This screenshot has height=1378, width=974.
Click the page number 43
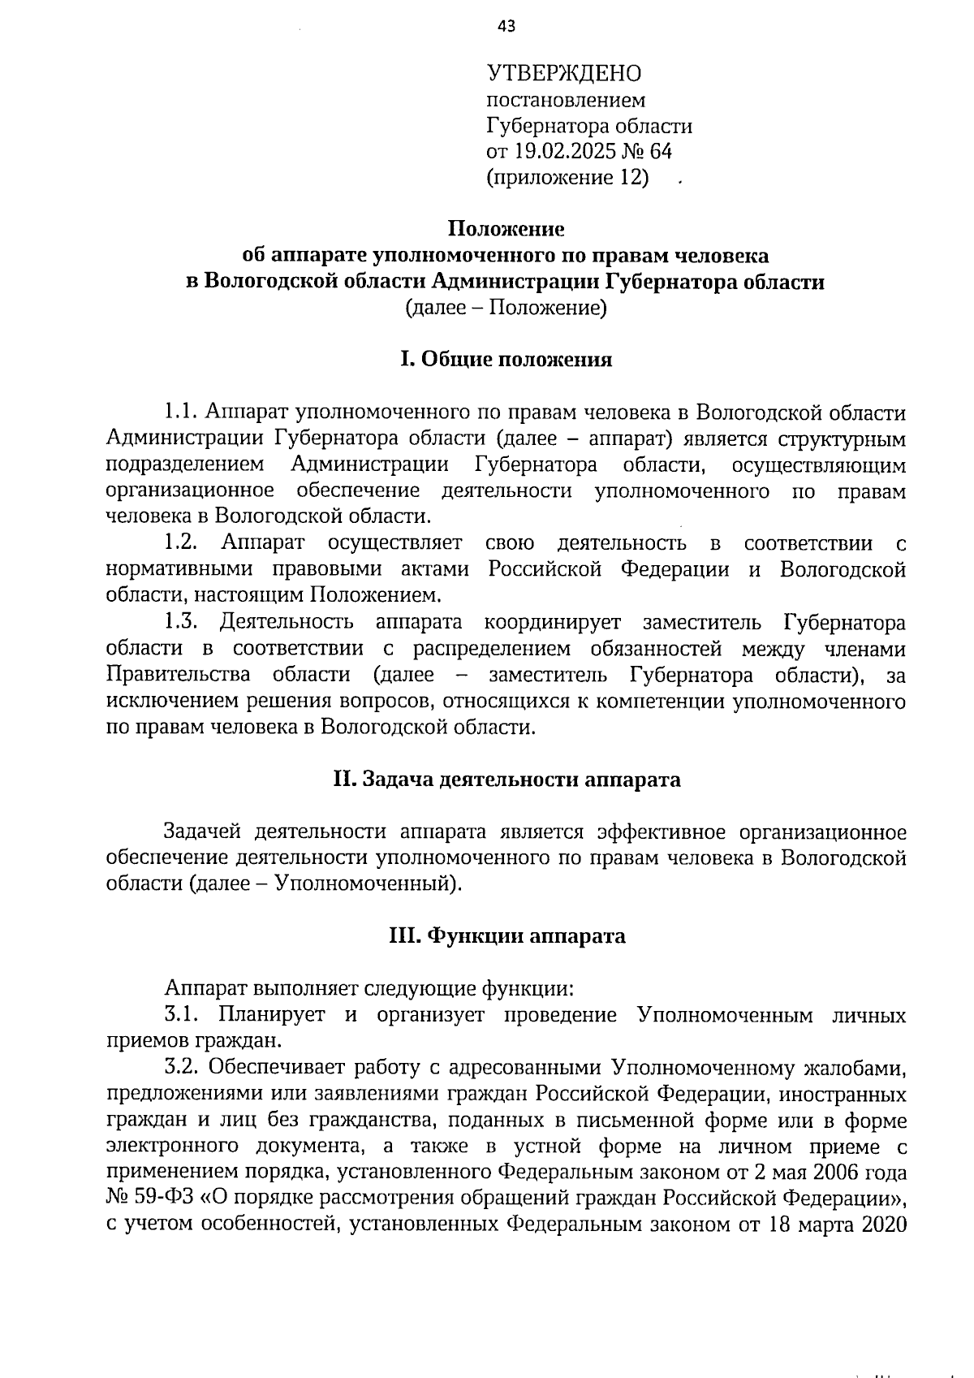coord(506,27)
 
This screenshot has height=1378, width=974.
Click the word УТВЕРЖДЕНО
coord(563,74)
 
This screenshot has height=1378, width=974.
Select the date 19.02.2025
coord(556,151)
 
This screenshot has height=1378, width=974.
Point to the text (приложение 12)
coord(567,177)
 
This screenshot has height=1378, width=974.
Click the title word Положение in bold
coord(506,230)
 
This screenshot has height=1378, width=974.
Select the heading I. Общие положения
coord(506,360)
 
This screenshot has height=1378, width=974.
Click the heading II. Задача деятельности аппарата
coord(506,780)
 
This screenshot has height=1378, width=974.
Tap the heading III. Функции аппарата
coord(506,936)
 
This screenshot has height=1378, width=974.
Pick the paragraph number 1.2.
coord(181,542)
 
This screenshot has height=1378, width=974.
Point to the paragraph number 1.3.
coord(181,623)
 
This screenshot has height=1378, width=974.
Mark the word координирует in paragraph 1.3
coord(553,623)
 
